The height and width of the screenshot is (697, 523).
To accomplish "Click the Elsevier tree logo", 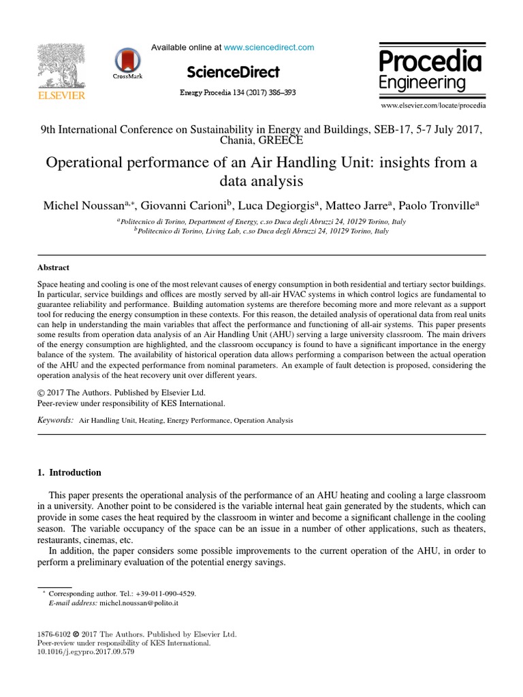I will coord(62,66).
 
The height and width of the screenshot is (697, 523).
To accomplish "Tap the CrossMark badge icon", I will coord(127,61).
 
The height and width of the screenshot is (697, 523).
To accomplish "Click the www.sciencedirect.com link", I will coord(269,47).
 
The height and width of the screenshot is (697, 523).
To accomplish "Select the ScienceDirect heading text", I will coord(233,71).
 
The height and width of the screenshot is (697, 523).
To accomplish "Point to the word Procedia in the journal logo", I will coord(430,62).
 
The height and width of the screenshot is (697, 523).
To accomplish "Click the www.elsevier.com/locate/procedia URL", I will coord(433,106).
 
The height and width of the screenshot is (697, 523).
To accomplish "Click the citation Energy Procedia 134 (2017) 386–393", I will coord(238,92).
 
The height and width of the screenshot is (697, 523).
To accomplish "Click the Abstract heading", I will coord(53,268).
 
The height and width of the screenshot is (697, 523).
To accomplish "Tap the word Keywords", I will coord(55,421).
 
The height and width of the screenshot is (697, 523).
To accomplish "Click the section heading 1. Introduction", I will coord(69,472).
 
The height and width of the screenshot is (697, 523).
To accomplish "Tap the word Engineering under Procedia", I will coord(423,83).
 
